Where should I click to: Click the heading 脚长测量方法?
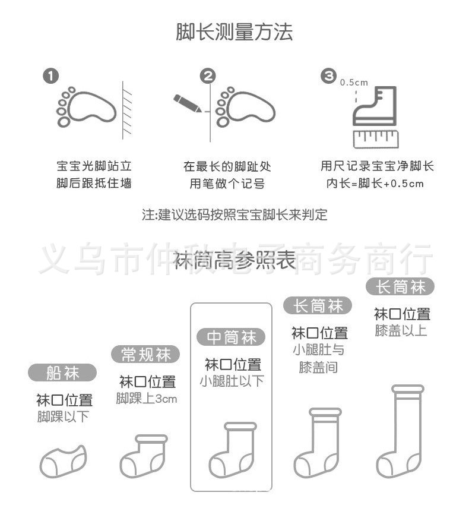235,32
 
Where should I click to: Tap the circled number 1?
51,76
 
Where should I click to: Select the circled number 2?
207,76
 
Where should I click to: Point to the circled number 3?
328,75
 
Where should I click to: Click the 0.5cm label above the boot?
354,83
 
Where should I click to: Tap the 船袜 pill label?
62,373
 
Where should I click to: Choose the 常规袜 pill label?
145,355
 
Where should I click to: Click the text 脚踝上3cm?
147,399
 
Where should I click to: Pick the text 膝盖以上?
401,331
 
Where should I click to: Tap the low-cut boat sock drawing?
62,462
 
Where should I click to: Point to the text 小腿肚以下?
231,381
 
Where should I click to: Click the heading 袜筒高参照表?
235,261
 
